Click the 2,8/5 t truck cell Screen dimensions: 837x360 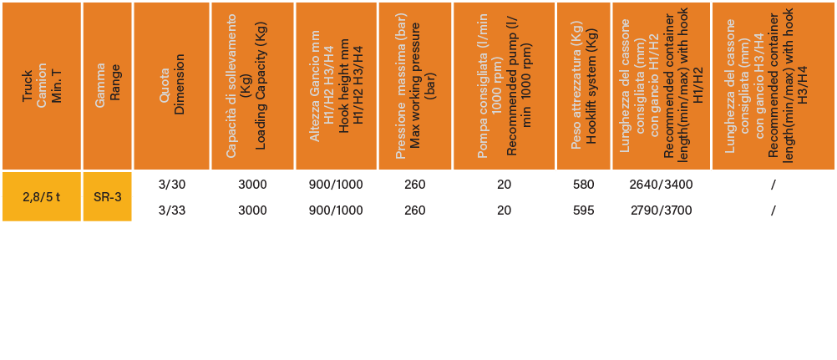point(42,196)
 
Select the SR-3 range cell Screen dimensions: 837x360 point(107,196)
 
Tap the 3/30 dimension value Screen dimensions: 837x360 point(172,185)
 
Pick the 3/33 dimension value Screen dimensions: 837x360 point(172,210)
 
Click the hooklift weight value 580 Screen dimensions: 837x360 point(583,185)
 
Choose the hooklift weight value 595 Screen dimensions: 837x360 point(583,210)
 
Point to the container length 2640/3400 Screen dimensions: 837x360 point(661,185)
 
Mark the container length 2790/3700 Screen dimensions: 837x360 point(661,210)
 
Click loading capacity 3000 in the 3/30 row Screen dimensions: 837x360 point(252,185)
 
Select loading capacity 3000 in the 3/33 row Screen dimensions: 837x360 point(252,210)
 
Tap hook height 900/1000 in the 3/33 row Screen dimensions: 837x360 point(336,210)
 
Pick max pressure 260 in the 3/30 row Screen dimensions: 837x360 point(415,185)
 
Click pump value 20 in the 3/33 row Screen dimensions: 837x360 point(504,210)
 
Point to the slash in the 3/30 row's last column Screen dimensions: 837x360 point(773,185)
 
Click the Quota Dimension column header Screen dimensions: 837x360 point(172,86)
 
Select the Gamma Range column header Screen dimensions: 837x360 point(107,86)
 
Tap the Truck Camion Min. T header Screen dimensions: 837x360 point(42,86)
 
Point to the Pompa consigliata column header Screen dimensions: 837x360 point(504,86)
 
